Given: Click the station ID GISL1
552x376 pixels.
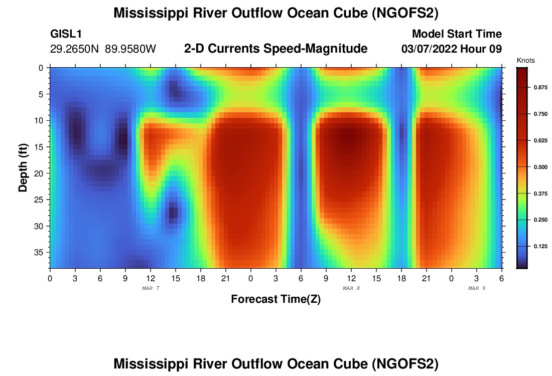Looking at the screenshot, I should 66,34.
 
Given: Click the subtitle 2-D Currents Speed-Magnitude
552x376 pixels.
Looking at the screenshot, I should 276,49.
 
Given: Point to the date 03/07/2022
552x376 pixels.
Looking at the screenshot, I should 428,49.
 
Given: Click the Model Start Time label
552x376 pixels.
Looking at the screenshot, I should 457,34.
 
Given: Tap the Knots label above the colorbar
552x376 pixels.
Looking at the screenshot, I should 525,61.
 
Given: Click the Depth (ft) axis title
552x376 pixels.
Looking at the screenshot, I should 23,167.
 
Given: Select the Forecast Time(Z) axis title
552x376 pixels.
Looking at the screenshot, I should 275,299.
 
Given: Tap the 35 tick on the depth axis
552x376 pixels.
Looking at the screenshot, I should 41,252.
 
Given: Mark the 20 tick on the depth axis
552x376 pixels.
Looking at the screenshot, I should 41,173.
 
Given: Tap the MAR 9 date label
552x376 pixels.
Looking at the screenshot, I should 477,288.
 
